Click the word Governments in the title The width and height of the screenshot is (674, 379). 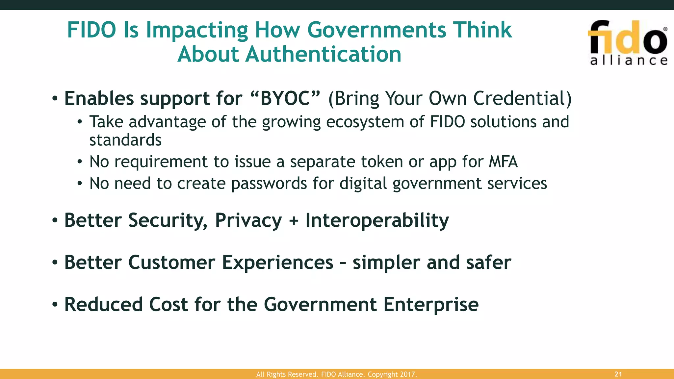pos(376,30)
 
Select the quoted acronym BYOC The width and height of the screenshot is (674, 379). pos(285,98)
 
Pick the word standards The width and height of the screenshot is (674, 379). pos(125,140)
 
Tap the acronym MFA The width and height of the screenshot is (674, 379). pos(503,162)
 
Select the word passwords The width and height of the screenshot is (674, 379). pos(269,184)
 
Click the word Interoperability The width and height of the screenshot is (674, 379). pos(377,220)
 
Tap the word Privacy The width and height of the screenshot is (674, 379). pos(248,220)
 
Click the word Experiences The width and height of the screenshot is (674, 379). pos(277,263)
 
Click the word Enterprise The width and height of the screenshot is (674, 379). pos(431,305)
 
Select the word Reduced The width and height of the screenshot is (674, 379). pos(103,305)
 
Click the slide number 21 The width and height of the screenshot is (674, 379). pos(618,374)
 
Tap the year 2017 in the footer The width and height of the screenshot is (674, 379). pos(408,374)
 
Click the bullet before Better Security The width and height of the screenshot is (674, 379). pos(55,220)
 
